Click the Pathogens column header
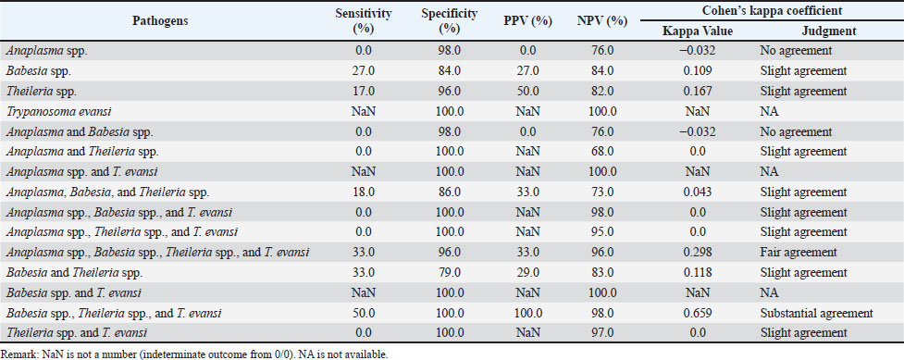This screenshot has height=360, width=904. (161, 20)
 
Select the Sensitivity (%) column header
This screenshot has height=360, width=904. (364, 20)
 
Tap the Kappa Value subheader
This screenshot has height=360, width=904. (699, 31)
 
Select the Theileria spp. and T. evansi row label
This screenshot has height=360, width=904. (77, 333)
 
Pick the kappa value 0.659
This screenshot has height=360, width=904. (698, 314)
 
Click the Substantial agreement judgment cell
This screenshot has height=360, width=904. (815, 314)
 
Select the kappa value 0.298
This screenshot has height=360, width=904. (698, 252)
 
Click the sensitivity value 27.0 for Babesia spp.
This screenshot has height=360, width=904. (364, 71)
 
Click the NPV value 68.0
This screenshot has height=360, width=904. (602, 152)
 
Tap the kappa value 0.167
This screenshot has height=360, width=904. (698, 91)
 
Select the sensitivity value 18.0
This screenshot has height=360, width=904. (364, 192)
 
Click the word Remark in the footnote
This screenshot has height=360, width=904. (16, 354)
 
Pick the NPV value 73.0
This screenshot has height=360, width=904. (602, 192)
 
